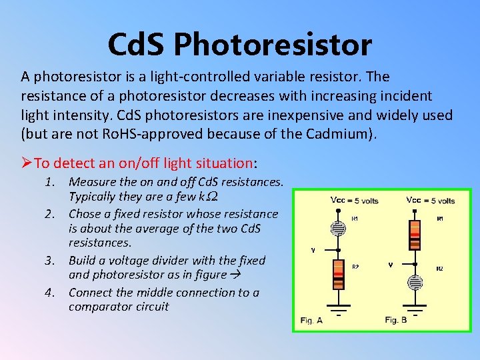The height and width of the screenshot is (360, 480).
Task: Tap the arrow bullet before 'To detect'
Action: tap(27, 163)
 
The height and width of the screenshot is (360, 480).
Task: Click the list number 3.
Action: tap(51, 260)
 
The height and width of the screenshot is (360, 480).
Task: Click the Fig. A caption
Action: tap(311, 320)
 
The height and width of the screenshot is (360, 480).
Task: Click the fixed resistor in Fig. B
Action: tap(414, 231)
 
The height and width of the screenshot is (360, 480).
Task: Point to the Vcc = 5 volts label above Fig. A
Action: tap(354, 200)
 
